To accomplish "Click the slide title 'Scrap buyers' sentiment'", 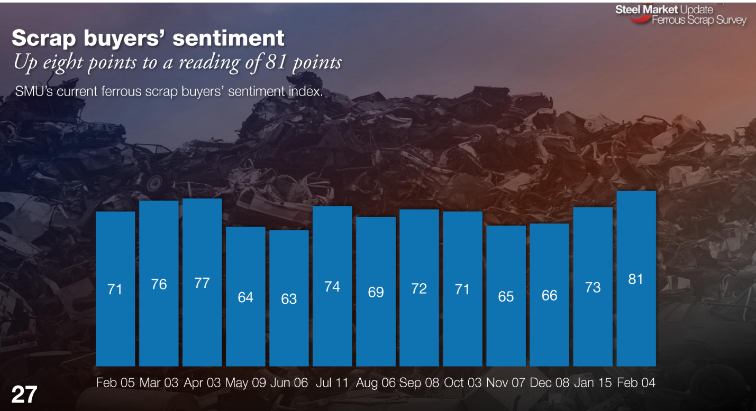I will (148, 39).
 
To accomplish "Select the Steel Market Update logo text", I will (664, 10).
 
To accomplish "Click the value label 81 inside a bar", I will (636, 279).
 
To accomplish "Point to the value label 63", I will (289, 299).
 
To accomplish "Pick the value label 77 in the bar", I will (202, 283).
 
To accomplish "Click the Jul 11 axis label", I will (332, 383).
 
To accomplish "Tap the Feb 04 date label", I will (636, 383).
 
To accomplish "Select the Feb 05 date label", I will (115, 383).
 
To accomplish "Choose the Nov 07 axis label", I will (506, 383).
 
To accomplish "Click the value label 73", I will (593, 287).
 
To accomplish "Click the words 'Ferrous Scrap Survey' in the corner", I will (699, 21).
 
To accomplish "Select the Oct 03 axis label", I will (462, 383).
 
